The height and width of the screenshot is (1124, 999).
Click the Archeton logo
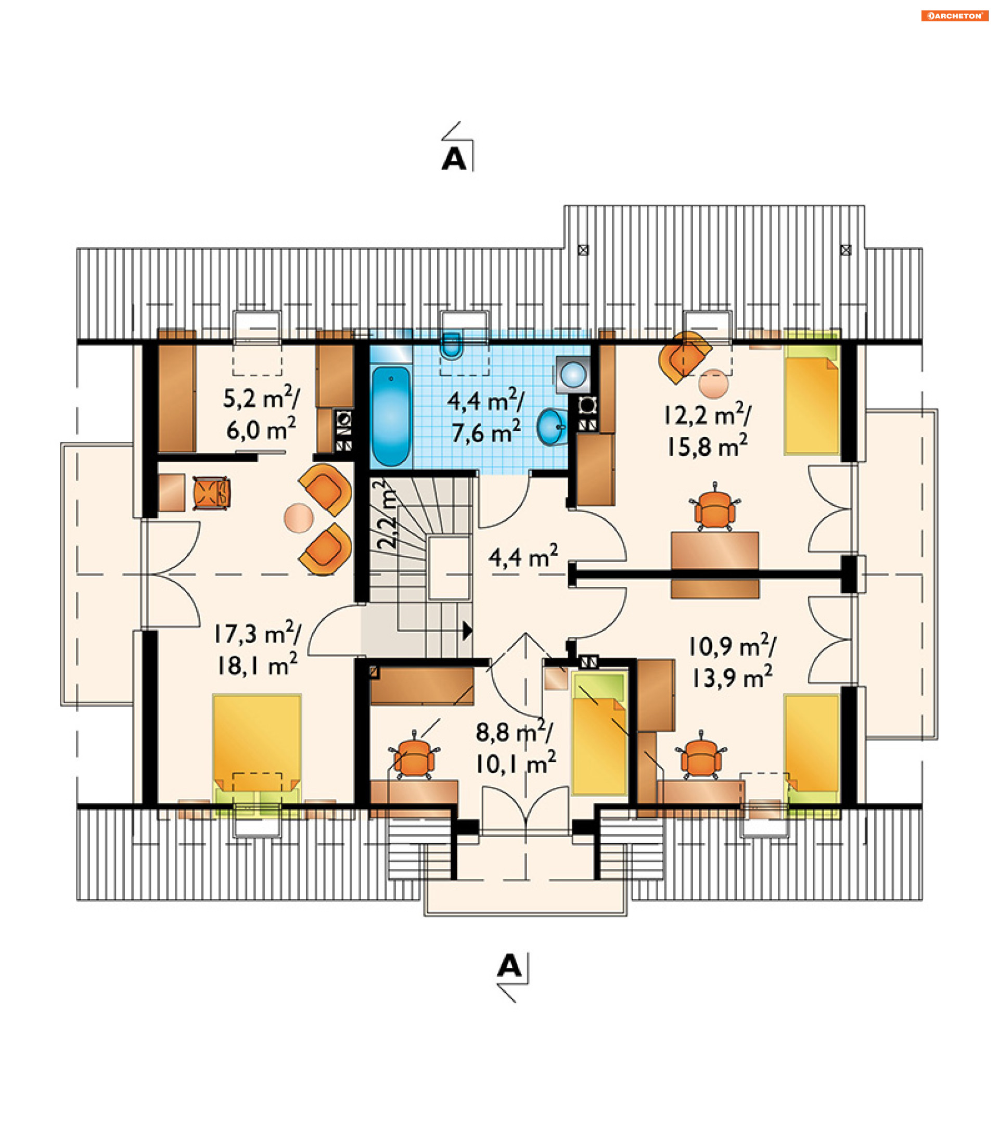point(954,16)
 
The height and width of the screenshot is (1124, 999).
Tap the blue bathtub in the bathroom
point(391,416)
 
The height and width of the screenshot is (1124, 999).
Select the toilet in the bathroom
point(452,346)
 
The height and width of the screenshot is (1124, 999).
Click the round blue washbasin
point(552,427)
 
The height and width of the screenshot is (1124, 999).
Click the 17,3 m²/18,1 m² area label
point(258,649)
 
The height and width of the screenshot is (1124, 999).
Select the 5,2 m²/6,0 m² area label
point(261,414)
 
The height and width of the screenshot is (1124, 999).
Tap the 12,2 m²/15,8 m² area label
point(708,430)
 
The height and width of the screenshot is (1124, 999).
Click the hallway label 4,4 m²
point(523,556)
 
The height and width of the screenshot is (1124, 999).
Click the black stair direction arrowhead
point(467,631)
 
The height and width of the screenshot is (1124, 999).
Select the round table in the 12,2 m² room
point(714,384)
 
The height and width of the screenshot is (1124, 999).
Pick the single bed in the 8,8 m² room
point(599,734)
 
